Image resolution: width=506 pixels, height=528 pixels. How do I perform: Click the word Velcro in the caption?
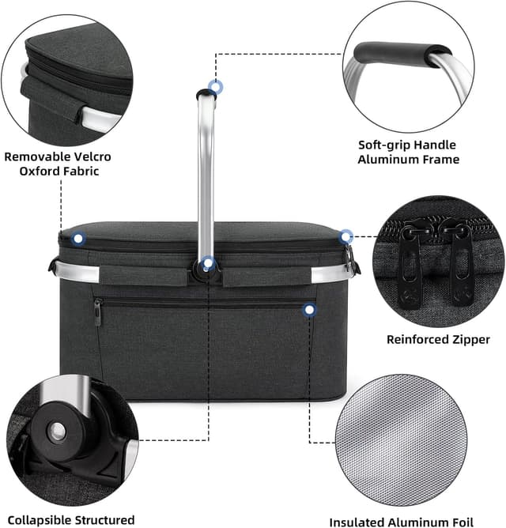click(93, 157)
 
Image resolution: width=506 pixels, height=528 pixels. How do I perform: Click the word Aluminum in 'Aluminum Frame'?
click(386, 160)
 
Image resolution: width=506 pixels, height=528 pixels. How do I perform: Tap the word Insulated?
click(357, 522)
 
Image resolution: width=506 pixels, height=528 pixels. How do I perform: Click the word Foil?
click(462, 522)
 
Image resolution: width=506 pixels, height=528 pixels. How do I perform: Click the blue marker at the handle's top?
click(215, 87)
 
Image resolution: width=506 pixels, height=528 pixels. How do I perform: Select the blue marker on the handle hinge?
click(208, 263)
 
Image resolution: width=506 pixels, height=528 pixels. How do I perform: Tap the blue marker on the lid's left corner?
click(78, 239)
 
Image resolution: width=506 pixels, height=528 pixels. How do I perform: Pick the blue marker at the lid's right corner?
click(346, 236)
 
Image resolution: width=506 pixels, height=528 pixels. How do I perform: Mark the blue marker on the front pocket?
click(310, 310)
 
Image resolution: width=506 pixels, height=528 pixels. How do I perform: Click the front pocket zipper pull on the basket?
click(98, 312)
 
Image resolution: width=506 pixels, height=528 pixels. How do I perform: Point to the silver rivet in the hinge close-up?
click(57, 432)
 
